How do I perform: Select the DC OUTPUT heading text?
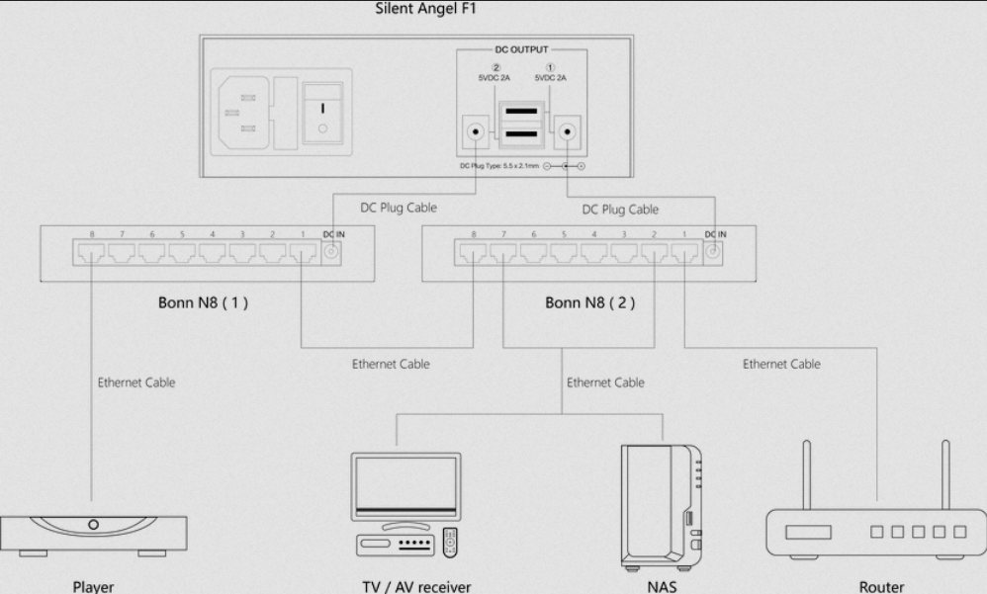(521, 46)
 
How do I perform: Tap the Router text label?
(880, 586)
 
